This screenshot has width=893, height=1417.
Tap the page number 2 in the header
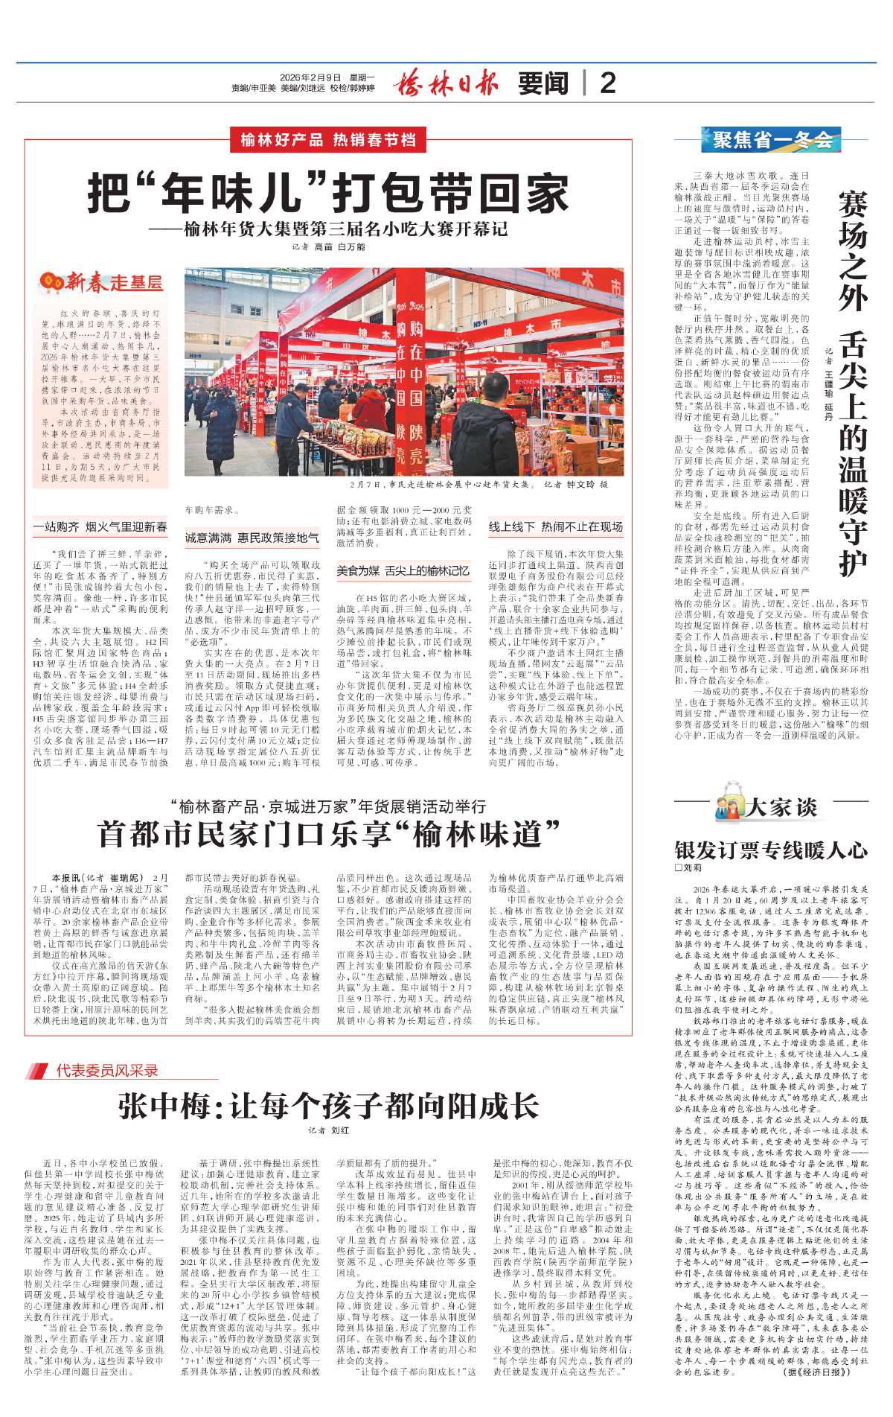[x=608, y=83]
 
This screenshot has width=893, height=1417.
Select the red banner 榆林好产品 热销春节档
[x=327, y=139]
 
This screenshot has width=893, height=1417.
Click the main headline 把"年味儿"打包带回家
[x=328, y=192]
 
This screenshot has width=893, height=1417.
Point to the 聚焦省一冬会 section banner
[x=772, y=139]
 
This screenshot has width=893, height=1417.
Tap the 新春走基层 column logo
[x=102, y=281]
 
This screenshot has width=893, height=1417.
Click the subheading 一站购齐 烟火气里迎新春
[x=100, y=526]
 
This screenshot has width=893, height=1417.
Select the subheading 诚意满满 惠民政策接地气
[x=252, y=537]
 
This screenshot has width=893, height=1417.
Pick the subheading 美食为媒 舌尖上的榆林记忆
[x=403, y=570]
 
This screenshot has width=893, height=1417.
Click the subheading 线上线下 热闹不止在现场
[x=555, y=526]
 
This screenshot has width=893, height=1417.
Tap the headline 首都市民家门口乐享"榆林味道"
[x=328, y=834]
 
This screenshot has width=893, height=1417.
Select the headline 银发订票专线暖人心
[x=771, y=850]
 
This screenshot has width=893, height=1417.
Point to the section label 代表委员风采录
[x=107, y=1070]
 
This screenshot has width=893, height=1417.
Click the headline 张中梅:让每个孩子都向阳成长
[x=328, y=1106]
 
